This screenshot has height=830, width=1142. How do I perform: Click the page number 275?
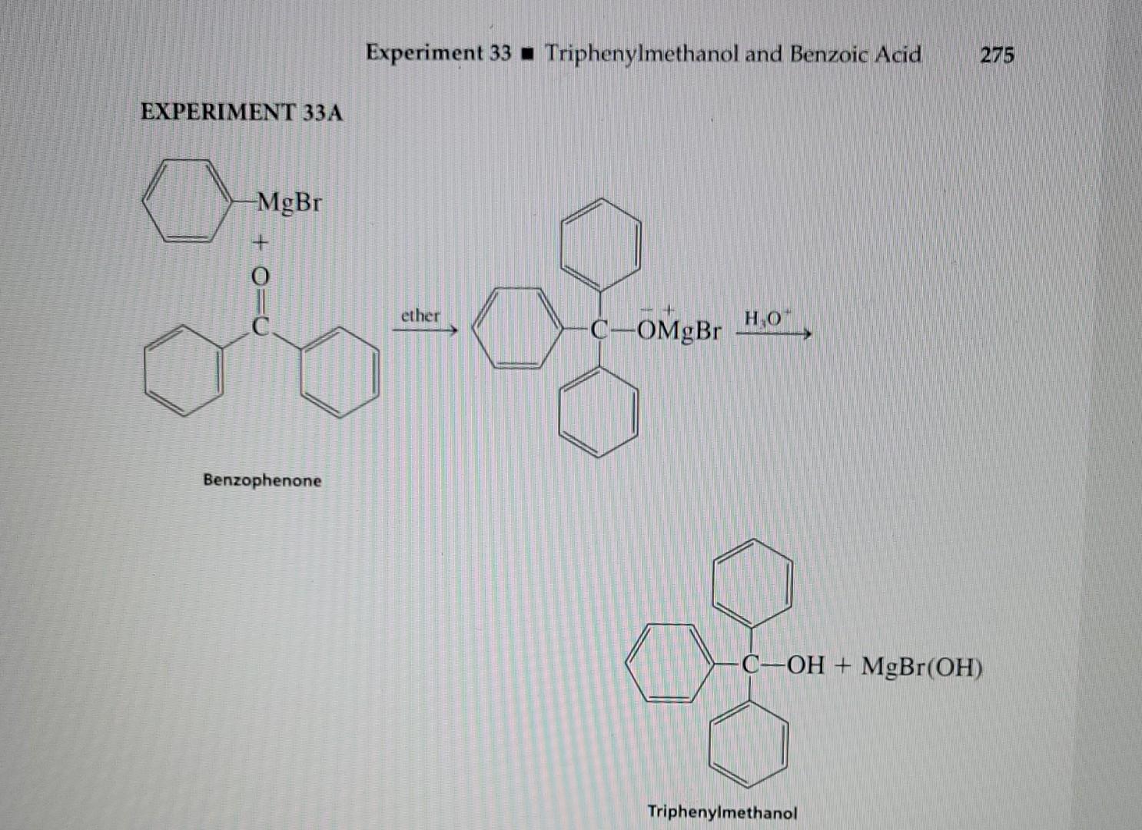coord(997,55)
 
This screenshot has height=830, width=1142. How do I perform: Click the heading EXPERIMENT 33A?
coord(241,112)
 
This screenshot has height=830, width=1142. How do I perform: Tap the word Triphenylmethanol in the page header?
coord(642,54)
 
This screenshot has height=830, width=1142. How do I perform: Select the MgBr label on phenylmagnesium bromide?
coord(290,203)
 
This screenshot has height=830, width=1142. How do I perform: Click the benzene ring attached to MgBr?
coord(188,201)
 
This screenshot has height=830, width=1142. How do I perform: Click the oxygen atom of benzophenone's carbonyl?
coord(261,274)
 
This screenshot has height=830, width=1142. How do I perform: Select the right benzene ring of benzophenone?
coord(339,373)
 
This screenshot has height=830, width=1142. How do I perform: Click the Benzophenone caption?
coord(262,480)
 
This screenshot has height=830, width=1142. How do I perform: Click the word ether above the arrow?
coord(420,315)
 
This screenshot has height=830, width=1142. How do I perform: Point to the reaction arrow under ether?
coord(425,331)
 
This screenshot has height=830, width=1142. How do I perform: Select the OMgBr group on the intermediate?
coord(679,331)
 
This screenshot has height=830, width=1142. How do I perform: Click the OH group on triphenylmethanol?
coord(805,665)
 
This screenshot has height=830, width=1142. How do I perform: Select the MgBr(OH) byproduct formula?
coord(922,666)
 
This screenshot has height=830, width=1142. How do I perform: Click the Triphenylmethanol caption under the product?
coord(722,812)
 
